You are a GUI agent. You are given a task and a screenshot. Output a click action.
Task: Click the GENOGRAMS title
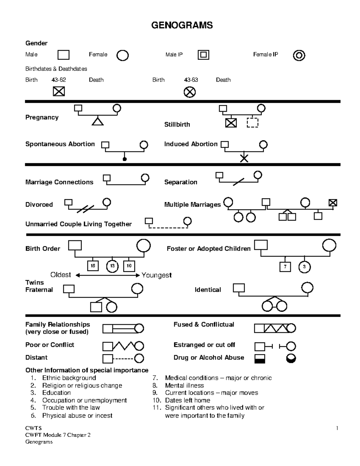pos(182,25)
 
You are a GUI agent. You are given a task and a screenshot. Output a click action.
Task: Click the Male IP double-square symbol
pos(203,55)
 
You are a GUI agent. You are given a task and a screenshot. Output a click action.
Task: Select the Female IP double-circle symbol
pos(299,56)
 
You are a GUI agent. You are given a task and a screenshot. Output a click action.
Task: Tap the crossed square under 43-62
pos(59,91)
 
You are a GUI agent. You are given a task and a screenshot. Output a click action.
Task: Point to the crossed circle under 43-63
pos(190,92)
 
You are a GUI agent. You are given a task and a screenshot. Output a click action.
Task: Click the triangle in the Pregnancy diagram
pos(97,122)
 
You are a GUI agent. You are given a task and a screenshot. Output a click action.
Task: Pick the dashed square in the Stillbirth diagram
pos(253,123)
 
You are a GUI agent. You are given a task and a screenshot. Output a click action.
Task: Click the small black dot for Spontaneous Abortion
pos(124,159)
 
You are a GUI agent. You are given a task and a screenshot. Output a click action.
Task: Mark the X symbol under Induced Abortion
pos(244,158)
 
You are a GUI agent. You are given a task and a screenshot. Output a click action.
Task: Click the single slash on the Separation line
pos(239,182)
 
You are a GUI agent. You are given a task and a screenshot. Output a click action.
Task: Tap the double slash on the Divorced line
pos(85,209)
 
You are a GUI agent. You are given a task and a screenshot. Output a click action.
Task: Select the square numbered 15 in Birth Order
pos(93,266)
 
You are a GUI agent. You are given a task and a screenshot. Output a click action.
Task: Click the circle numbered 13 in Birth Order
pos(112,266)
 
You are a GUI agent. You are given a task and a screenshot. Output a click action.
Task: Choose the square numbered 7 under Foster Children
pos(285,267)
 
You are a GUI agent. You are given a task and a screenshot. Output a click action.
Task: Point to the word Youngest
pos(157,275)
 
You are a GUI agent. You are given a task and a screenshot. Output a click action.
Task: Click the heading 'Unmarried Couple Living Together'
pos(79,224)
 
